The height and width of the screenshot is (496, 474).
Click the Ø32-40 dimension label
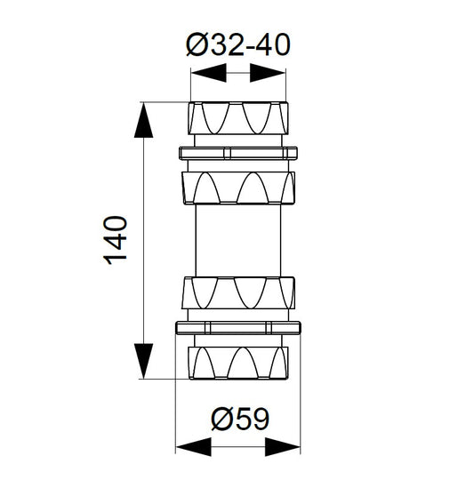point(238,44)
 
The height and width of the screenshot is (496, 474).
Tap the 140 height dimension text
point(116,240)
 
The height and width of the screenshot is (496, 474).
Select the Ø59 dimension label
point(240,420)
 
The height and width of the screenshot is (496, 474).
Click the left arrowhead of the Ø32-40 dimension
point(209,73)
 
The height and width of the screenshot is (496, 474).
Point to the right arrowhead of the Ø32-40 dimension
point(268,73)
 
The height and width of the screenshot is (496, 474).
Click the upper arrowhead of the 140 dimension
point(143,120)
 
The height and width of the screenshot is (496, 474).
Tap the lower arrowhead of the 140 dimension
point(143,361)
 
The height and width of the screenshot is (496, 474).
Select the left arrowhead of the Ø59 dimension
point(193,446)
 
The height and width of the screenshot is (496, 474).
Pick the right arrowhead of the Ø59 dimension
point(282,446)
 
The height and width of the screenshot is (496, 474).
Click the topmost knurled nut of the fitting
point(238,118)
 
